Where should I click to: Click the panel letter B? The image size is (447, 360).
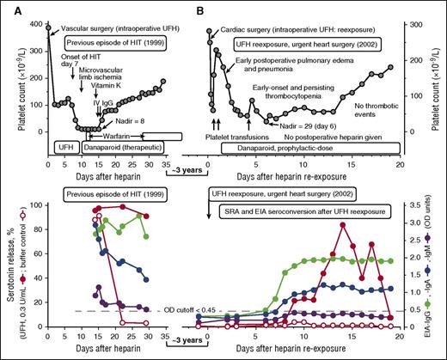[x=201, y=9]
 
